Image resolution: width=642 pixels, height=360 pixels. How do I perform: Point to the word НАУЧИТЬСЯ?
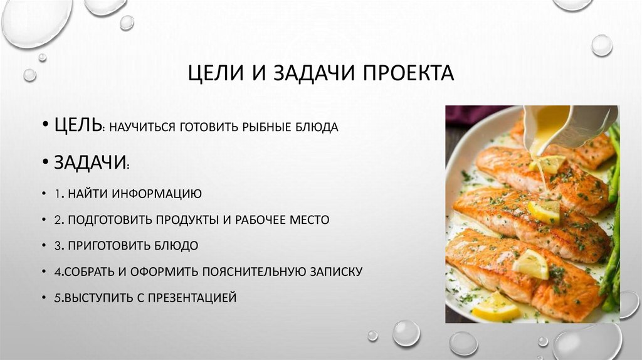point(141,127)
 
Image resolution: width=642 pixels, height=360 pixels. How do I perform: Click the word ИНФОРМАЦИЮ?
point(157,193)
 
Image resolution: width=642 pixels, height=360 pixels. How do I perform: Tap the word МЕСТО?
point(305,220)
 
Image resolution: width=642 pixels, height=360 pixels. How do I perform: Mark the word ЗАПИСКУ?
point(337,272)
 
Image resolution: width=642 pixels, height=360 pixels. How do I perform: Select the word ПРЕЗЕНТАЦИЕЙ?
point(192,297)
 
